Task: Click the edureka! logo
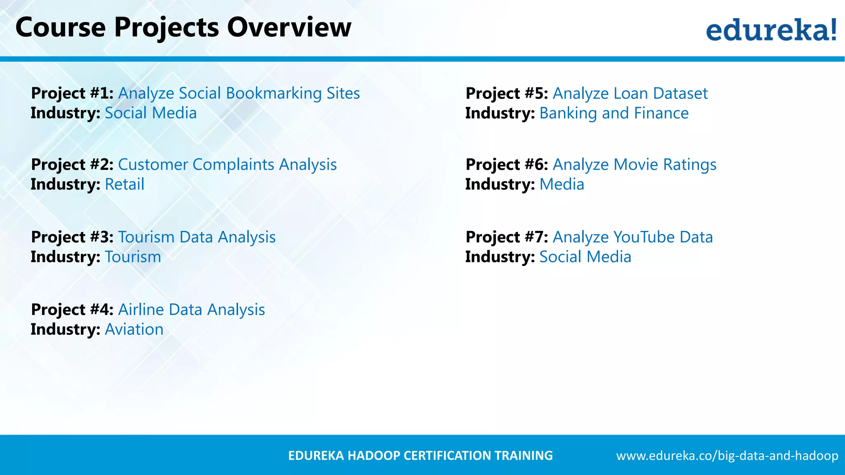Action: point(771,30)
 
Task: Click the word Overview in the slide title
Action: point(289,27)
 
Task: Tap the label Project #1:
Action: point(72,93)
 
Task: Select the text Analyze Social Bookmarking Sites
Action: point(239,93)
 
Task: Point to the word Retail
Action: point(125,184)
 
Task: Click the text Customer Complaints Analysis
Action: point(227,165)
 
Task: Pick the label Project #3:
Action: point(72,237)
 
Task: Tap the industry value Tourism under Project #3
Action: point(133,257)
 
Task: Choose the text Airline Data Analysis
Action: point(191,310)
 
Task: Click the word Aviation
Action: point(134,329)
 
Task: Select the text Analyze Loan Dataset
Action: point(630,93)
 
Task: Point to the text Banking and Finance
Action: point(614,113)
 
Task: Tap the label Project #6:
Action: point(507,165)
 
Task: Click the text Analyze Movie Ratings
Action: point(635,165)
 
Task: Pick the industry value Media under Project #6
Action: point(562,184)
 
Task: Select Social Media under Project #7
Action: point(585,257)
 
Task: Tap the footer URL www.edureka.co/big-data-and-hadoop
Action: point(727,456)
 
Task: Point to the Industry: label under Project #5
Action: point(500,113)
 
